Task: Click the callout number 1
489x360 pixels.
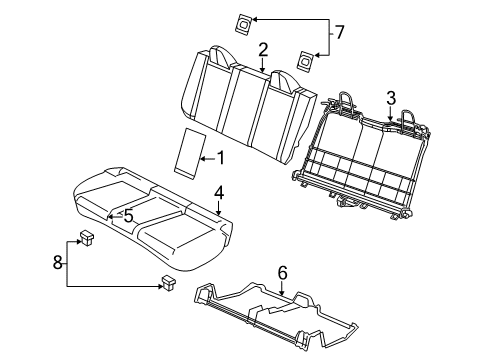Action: [x=220, y=157]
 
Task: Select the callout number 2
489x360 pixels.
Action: [x=263, y=49]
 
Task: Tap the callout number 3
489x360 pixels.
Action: [x=392, y=96]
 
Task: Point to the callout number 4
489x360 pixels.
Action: [x=218, y=192]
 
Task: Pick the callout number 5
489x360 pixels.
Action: [x=128, y=214]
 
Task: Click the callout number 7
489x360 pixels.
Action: [x=340, y=33]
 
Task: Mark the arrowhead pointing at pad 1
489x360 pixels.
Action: [x=203, y=156]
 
